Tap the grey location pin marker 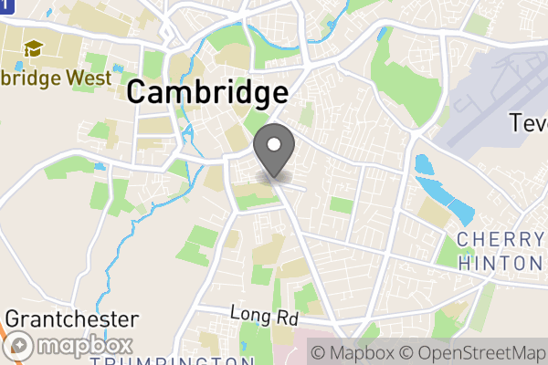coord(274,147)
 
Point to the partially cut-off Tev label coord(528,122)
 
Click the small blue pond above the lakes coord(423,166)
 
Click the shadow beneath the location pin coord(274,176)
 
